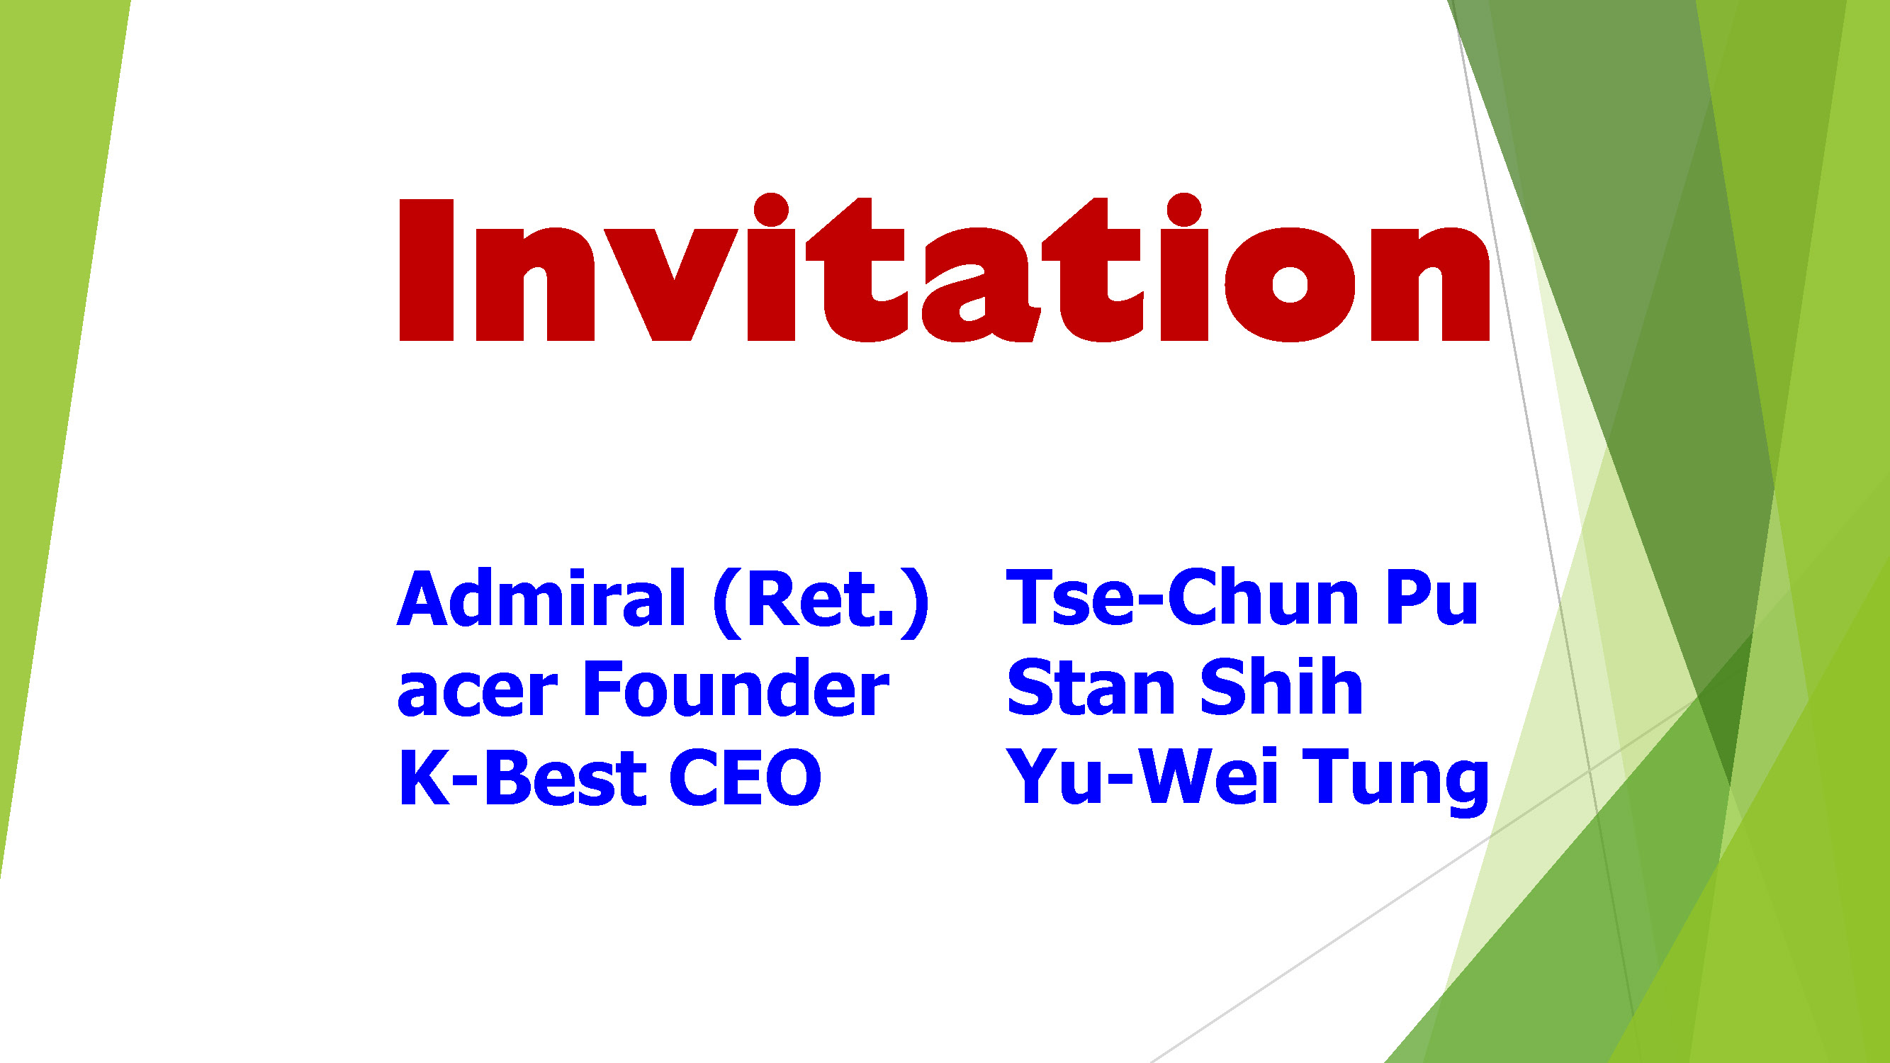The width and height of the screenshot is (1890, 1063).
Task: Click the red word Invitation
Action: pos(944,270)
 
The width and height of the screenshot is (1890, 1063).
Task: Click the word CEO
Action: pos(745,777)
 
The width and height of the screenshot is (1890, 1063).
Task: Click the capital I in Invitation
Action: pos(427,270)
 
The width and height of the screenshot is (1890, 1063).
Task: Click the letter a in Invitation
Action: pos(981,286)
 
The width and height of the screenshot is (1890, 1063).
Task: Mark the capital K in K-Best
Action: pos(423,777)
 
